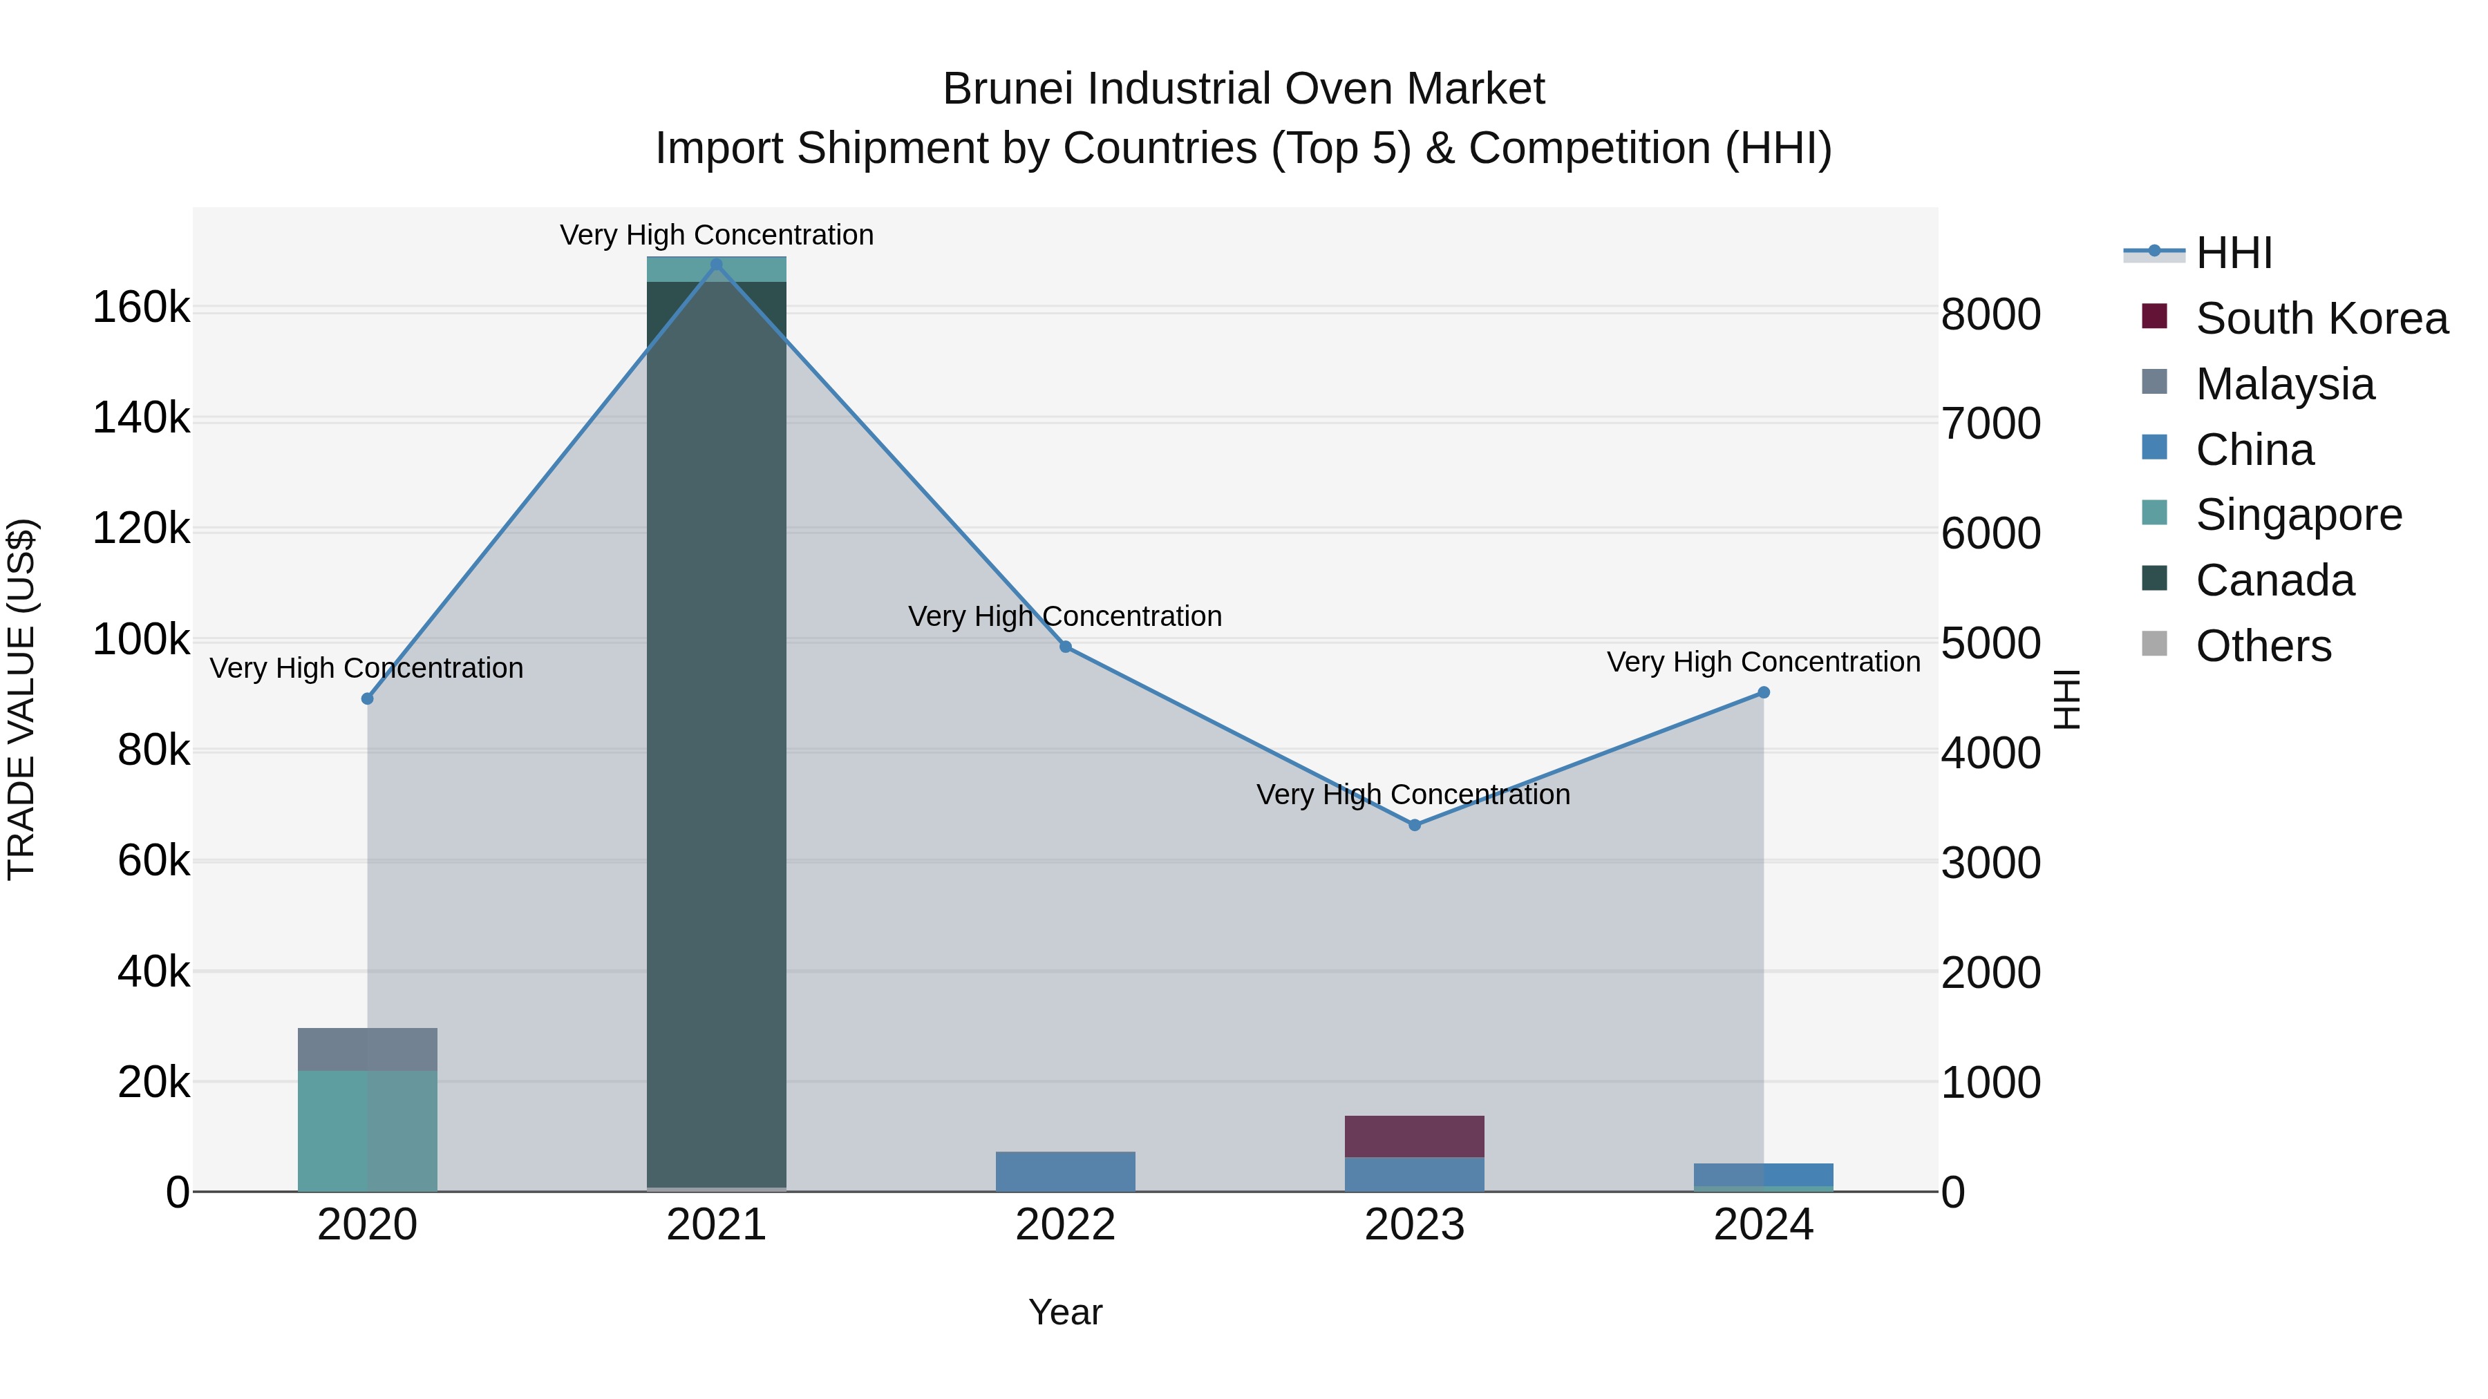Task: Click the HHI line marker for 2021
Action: click(716, 265)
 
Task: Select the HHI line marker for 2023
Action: click(1414, 824)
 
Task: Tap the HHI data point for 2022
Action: click(1065, 647)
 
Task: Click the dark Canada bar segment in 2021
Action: click(716, 734)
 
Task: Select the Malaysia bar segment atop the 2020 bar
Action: click(367, 1049)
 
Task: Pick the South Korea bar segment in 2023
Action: click(1414, 1136)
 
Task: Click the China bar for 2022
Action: click(1065, 1171)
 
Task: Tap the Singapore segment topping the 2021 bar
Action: click(716, 269)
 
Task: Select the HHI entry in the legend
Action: click(2234, 253)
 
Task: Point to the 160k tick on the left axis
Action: click(141, 309)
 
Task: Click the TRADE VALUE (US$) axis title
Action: click(21, 699)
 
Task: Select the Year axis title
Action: click(1064, 1312)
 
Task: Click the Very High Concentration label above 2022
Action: click(1064, 616)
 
